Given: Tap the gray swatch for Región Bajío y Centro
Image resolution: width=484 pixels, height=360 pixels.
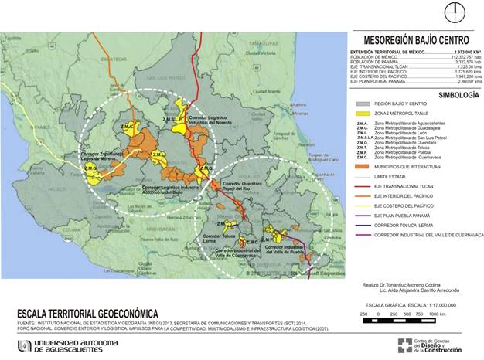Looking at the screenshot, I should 361,103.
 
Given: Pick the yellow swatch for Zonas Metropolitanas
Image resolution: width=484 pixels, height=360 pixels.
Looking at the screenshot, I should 361,113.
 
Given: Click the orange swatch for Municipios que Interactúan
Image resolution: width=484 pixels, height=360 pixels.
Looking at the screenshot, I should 361,166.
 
